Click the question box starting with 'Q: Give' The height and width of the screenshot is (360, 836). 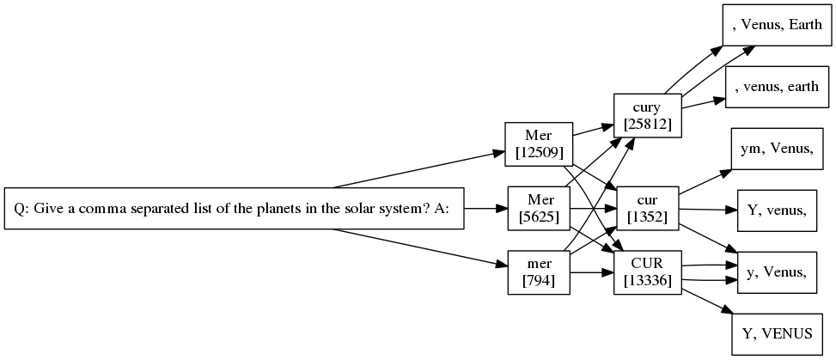[235, 209]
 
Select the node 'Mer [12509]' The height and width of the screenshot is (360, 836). [538, 143]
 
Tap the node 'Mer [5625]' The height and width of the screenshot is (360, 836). [538, 208]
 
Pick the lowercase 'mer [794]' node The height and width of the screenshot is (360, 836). [538, 272]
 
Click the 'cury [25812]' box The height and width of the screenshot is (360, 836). [647, 116]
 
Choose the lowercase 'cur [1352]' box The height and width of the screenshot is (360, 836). [647, 208]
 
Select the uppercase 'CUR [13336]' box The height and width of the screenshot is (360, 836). [647, 272]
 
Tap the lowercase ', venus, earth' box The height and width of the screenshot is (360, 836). [776, 87]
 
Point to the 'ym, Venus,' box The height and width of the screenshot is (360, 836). [777, 149]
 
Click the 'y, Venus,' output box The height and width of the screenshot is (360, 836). [777, 272]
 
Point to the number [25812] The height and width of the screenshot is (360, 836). [647, 125]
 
